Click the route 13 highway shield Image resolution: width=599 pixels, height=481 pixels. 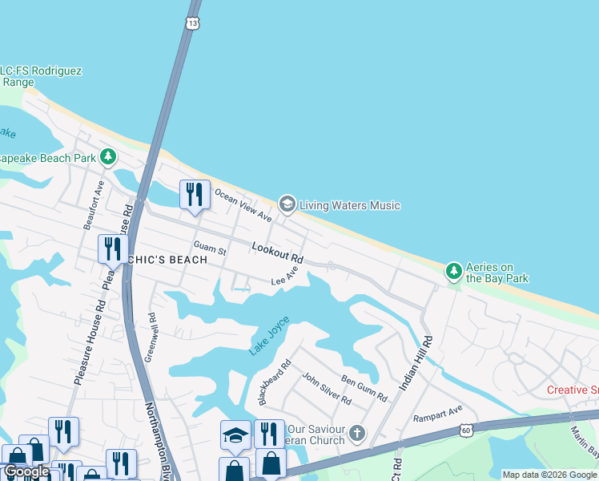click(193, 22)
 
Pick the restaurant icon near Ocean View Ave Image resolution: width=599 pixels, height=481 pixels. click(194, 195)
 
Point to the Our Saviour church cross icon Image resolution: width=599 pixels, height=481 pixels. click(356, 435)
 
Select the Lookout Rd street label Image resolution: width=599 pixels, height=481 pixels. click(277, 253)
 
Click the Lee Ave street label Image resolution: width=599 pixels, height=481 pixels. click(284, 277)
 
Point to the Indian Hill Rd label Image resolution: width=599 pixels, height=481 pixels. click(416, 363)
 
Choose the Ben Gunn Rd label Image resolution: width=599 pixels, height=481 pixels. click(364, 388)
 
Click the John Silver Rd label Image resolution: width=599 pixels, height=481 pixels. click(326, 388)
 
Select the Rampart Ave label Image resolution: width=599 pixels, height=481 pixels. click(438, 414)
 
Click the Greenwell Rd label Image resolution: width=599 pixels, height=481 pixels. click(151, 338)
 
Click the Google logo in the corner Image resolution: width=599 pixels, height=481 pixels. click(26, 471)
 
